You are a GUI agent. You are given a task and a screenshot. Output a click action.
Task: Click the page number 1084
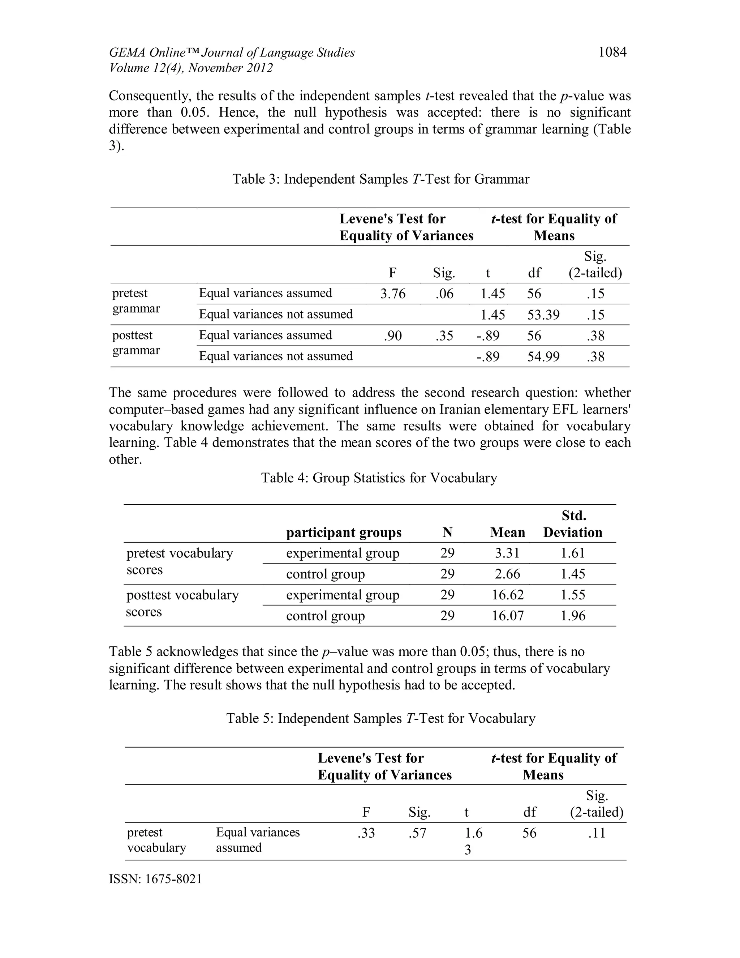[x=612, y=53]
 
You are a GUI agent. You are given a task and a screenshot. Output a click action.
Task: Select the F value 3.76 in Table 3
[x=393, y=294]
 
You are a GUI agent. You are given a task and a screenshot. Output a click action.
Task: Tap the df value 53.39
[x=543, y=315]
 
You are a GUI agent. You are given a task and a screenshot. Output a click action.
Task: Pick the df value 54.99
[x=543, y=356]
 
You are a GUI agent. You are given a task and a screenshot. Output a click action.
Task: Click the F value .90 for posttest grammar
[x=393, y=335]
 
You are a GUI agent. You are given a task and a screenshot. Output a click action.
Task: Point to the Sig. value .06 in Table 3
[x=444, y=294]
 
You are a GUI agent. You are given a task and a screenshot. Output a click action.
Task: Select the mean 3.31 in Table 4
[x=507, y=553]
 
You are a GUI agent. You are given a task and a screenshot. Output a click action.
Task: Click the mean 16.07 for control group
[x=507, y=616]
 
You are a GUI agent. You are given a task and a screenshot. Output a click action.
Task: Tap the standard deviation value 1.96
[x=573, y=616]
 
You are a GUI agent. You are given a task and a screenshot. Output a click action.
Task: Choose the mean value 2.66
[x=507, y=574]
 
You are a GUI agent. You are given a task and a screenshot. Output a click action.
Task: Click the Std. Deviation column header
[x=573, y=524]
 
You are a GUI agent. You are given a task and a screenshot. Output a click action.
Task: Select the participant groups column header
[x=344, y=533]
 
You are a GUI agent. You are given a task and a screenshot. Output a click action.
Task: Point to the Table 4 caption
[x=379, y=478]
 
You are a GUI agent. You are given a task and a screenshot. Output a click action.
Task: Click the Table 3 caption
[x=380, y=179]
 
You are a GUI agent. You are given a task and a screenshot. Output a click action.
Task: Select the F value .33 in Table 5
[x=366, y=833]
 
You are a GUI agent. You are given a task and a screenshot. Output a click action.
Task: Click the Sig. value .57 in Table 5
[x=417, y=833]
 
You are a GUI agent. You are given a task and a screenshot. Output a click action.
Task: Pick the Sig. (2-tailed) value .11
[x=596, y=833]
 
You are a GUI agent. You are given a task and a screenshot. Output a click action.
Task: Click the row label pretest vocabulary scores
[x=179, y=561]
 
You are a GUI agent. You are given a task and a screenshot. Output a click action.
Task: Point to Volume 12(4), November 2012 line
[x=191, y=68]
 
